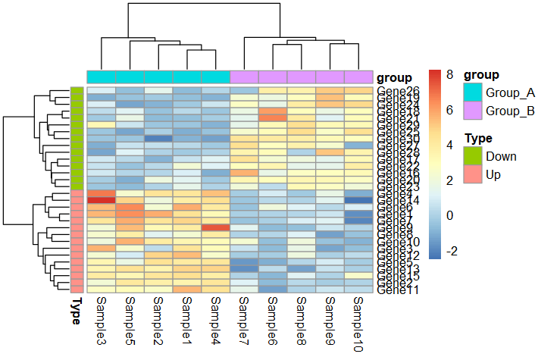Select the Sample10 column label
coord(359,321)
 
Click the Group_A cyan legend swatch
coord(473,92)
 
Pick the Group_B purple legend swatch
coord(473,111)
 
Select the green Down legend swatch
coord(473,157)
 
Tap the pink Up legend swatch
coord(473,175)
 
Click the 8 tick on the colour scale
coord(449,75)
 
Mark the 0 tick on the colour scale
coord(449,216)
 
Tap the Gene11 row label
coord(394,290)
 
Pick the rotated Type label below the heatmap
coord(77,311)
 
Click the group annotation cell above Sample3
coord(102,77)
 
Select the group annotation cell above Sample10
coord(359,77)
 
